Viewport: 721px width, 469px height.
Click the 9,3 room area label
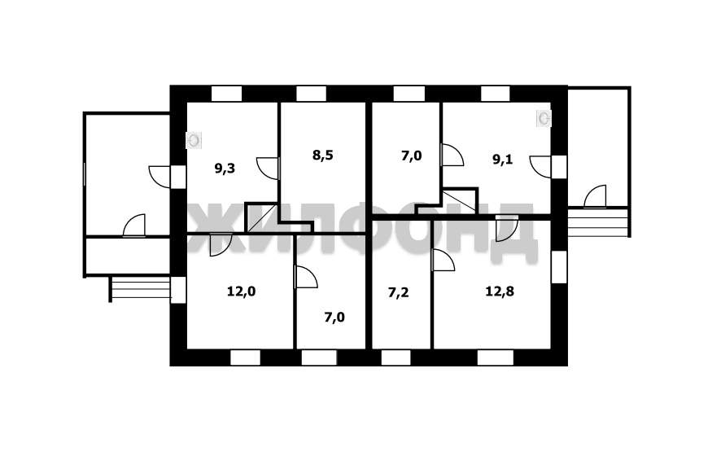click(225, 169)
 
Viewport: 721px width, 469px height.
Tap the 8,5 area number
click(323, 156)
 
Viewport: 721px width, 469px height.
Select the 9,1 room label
click(503, 160)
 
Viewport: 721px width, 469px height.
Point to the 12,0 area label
click(242, 291)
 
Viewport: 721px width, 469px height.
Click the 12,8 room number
click(500, 291)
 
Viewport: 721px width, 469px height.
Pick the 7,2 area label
click(398, 293)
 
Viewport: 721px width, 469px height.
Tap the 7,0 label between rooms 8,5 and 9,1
click(411, 156)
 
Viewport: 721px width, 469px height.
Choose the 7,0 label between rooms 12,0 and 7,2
click(334, 318)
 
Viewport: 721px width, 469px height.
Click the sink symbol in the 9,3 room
click(194, 140)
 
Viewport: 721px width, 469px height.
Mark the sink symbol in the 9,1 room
click(544, 118)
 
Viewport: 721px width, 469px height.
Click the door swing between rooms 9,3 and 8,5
click(268, 169)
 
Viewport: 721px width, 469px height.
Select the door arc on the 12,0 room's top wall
click(221, 244)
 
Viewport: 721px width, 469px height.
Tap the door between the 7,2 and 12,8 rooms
click(444, 261)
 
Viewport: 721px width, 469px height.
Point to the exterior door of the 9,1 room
click(540, 167)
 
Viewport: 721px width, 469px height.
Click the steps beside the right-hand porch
click(598, 223)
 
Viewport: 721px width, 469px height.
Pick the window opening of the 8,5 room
click(312, 94)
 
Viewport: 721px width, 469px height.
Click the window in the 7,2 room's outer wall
click(396, 357)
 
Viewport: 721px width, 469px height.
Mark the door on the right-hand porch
click(596, 196)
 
